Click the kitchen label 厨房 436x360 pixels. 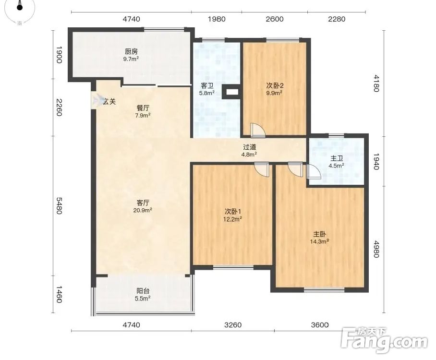tap(131, 51)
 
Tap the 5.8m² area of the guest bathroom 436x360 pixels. tap(207, 93)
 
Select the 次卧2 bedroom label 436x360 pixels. tap(275, 85)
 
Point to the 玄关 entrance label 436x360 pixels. tap(109, 102)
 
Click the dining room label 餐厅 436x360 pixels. tap(143, 108)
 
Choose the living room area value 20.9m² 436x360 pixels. tap(143, 210)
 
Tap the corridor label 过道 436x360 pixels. tap(249, 147)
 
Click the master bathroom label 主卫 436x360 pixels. tap(337, 158)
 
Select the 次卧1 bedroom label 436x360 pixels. tap(233, 212)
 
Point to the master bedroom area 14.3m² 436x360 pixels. tap(320, 241)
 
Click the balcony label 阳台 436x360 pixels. tap(143, 291)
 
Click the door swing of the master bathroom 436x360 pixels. tap(314, 171)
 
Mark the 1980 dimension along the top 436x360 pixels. tap(217, 19)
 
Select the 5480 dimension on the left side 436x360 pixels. tap(59, 206)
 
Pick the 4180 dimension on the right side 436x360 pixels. tap(376, 83)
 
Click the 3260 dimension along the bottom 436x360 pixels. tap(233, 324)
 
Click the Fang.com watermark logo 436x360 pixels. tap(384, 340)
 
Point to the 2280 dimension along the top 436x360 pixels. tap(337, 19)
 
